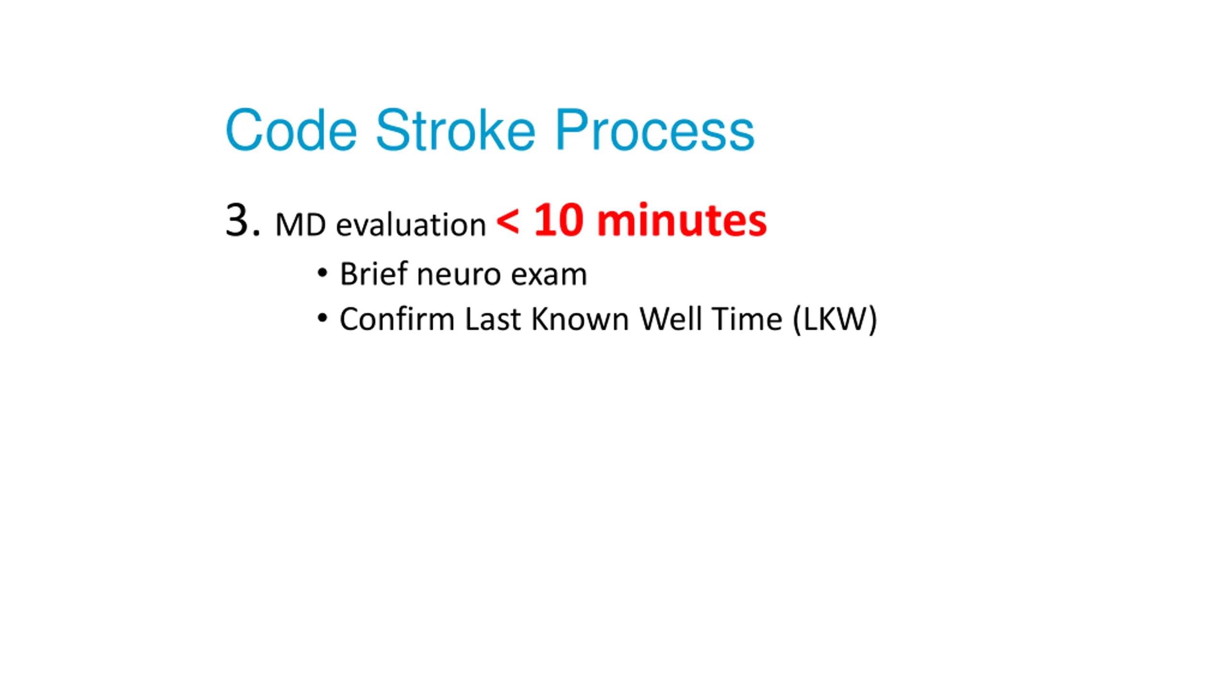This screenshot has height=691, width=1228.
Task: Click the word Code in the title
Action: tap(291, 130)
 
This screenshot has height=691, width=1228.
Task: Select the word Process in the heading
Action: tap(655, 130)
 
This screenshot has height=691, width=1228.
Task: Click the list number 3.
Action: tap(243, 220)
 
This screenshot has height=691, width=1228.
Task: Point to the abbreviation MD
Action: tap(301, 225)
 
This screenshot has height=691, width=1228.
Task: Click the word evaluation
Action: tap(411, 224)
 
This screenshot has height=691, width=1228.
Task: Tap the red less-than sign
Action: tap(508, 221)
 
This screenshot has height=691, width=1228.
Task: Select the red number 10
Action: tap(558, 220)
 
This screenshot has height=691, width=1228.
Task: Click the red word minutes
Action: tap(682, 220)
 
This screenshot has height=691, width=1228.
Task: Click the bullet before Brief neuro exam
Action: tap(322, 273)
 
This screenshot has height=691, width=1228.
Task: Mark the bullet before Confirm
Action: tap(322, 318)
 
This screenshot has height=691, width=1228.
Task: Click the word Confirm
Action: tap(397, 319)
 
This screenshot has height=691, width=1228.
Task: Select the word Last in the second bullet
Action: tap(493, 319)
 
